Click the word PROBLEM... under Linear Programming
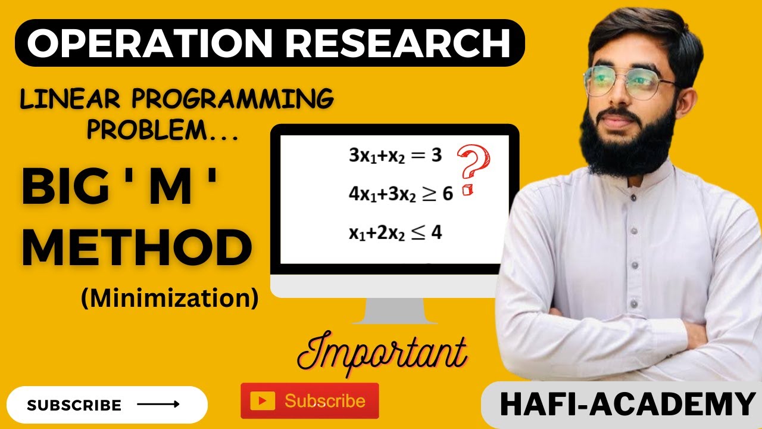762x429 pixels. click(x=163, y=130)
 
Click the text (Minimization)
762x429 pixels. click(x=170, y=298)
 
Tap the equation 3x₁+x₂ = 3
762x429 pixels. click(x=395, y=156)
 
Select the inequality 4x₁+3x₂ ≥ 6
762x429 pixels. click(x=401, y=194)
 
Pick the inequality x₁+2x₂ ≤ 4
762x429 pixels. click(x=395, y=233)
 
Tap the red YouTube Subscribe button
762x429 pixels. click(x=310, y=400)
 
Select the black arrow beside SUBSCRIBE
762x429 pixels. click(x=158, y=405)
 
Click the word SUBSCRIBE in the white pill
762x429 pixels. click(x=74, y=406)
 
